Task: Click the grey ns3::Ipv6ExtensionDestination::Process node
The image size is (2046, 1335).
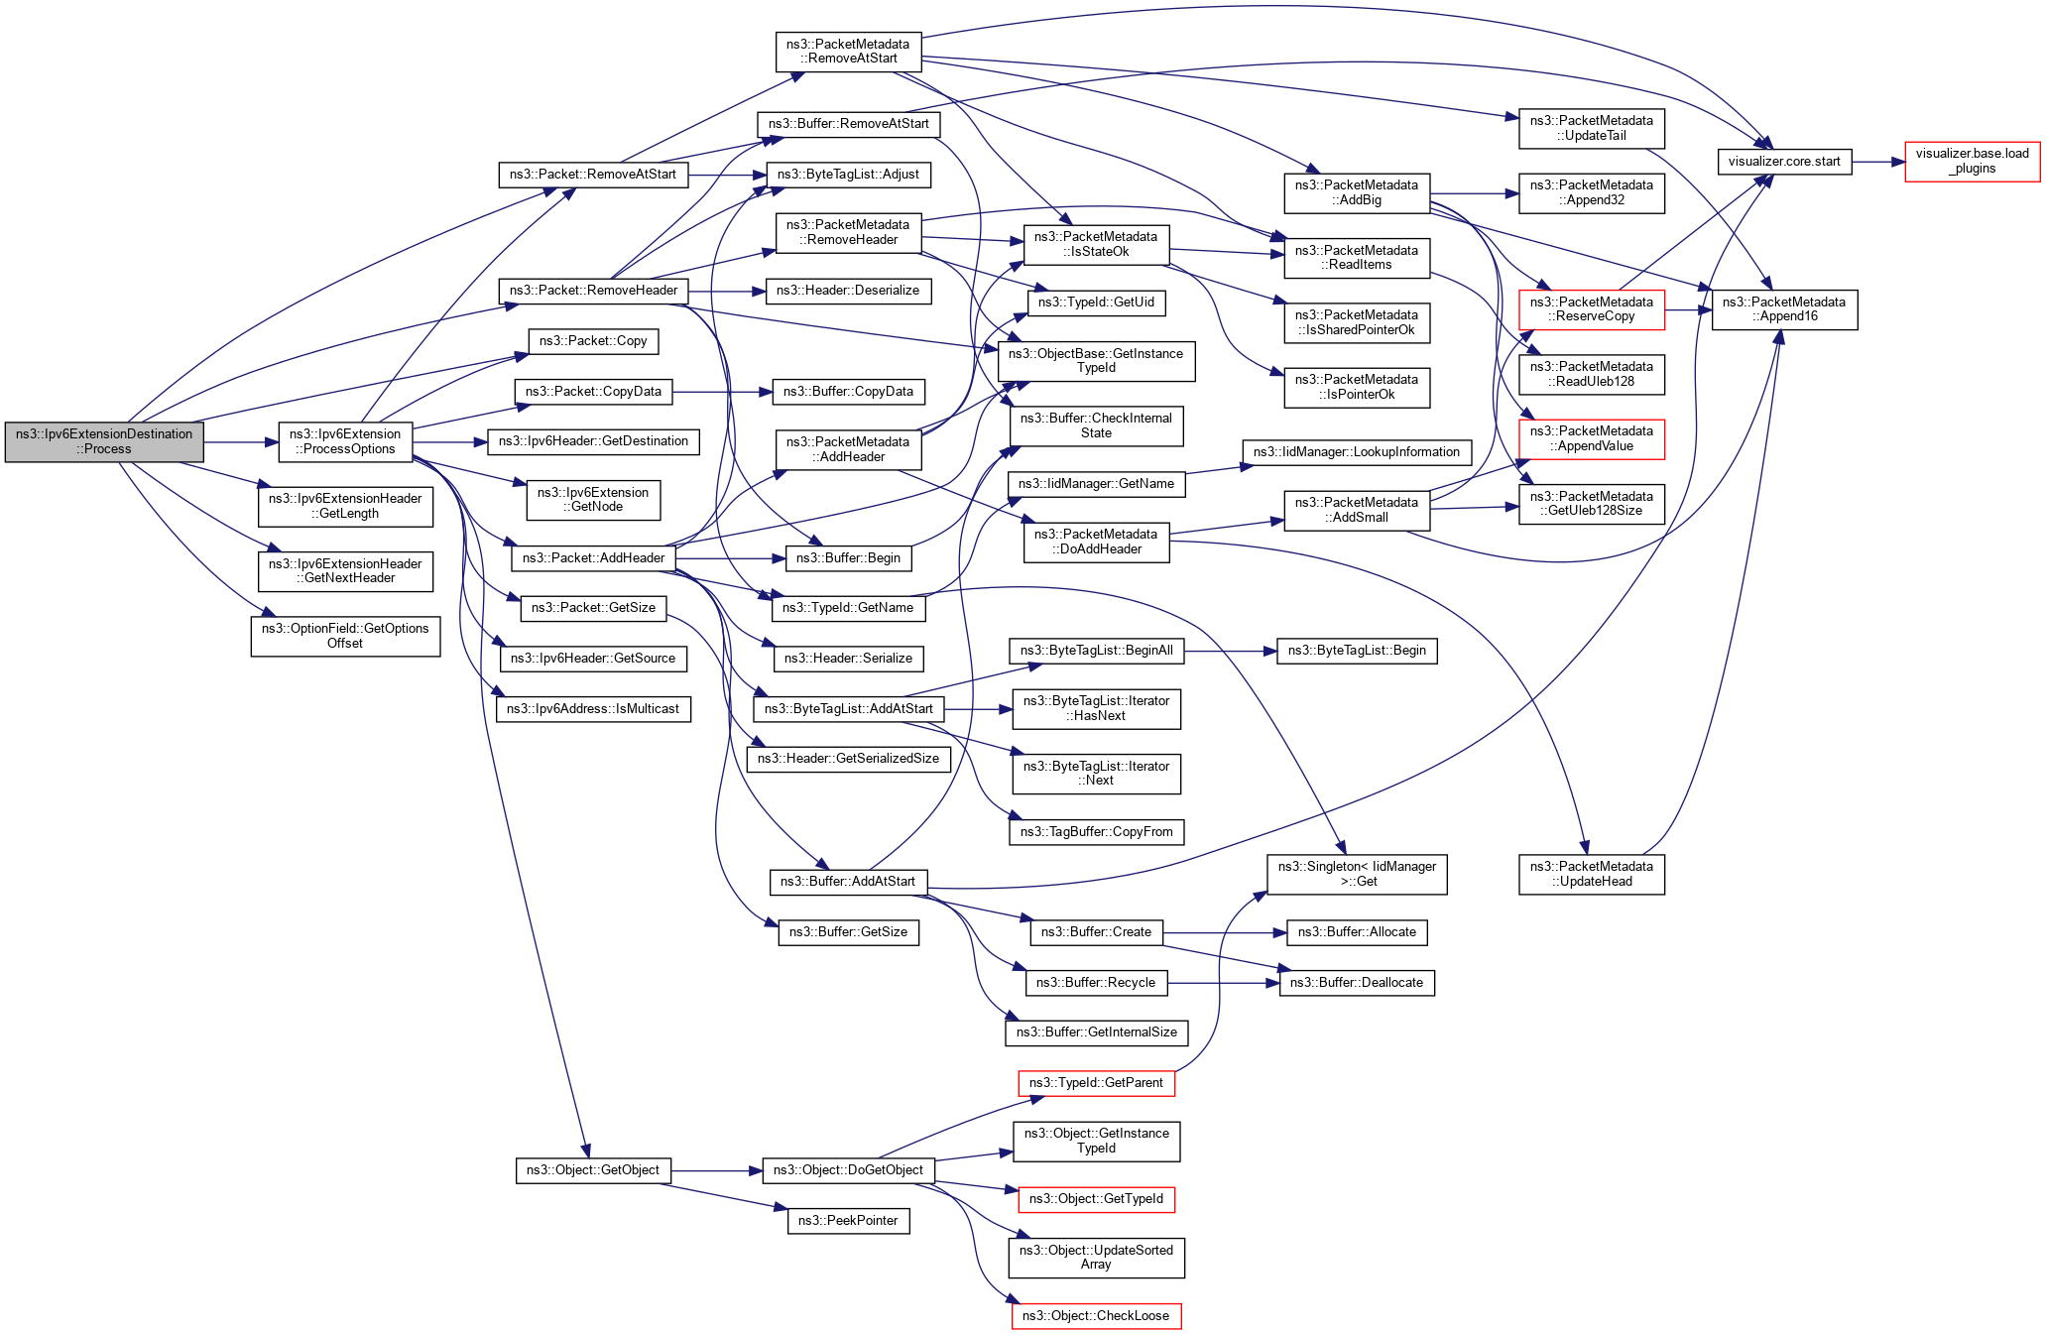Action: pos(104,441)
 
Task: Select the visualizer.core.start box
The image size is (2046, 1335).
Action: pos(1783,162)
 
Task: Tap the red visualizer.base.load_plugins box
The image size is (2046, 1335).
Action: pos(1972,162)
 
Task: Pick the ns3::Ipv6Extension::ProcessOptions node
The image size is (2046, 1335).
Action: pos(345,441)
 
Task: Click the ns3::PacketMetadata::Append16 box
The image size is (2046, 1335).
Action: pos(1783,309)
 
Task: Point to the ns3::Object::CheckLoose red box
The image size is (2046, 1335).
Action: pos(1096,1316)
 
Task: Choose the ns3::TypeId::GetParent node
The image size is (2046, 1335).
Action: pos(1096,1083)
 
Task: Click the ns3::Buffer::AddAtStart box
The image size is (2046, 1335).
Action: pos(848,882)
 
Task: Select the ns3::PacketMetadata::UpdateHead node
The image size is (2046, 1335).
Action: pos(1591,874)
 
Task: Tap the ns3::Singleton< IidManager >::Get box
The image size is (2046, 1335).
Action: pos(1357,874)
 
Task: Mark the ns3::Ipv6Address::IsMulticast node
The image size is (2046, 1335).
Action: pos(593,709)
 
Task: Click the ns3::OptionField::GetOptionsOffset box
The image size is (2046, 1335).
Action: pos(345,636)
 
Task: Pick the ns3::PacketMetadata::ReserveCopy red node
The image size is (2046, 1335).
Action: pos(1591,309)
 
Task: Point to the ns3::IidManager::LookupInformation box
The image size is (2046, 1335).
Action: pos(1356,452)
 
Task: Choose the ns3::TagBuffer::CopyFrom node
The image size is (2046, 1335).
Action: pos(1096,832)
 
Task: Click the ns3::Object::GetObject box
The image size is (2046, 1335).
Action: pos(593,1170)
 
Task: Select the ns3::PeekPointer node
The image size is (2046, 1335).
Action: pos(848,1221)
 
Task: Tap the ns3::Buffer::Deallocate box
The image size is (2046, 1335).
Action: pos(1356,983)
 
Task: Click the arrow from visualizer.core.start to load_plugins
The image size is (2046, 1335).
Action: pos(1877,162)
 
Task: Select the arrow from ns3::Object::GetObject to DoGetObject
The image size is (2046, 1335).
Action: pos(716,1171)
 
